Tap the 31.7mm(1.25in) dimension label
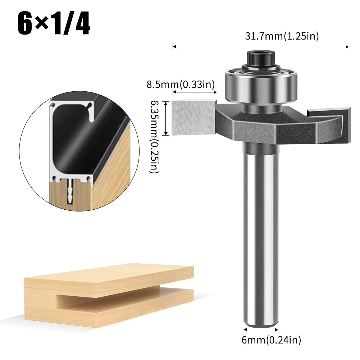(x=282, y=36)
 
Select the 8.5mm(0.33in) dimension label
(x=181, y=84)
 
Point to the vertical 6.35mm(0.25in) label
(x=155, y=137)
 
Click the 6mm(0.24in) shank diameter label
(x=271, y=340)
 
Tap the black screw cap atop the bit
(x=261, y=59)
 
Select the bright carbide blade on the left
(x=193, y=118)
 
